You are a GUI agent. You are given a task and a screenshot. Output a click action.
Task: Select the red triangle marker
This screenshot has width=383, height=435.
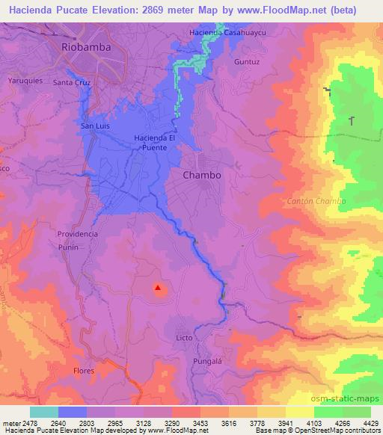click(x=158, y=286)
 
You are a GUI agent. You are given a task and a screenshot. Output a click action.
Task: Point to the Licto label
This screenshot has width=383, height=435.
click(x=184, y=339)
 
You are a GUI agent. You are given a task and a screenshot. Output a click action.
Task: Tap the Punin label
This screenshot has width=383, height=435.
click(x=68, y=247)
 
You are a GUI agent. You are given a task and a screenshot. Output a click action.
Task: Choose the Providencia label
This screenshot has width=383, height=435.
click(x=78, y=234)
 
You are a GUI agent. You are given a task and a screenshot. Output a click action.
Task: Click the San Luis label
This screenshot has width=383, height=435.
click(x=96, y=126)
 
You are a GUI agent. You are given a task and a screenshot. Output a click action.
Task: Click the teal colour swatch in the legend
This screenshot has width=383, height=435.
click(x=43, y=412)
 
